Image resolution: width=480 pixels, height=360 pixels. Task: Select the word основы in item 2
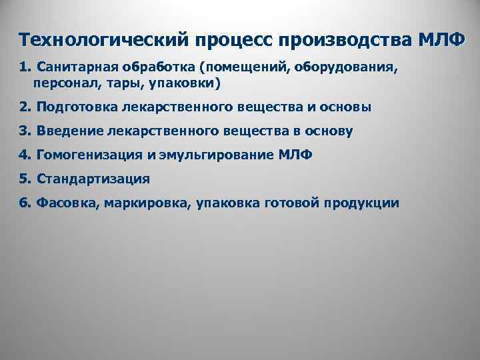coord(345,107)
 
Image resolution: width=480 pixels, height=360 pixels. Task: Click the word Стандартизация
coord(93,179)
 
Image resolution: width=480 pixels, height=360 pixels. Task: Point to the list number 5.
coord(24,179)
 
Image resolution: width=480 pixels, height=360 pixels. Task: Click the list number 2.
coord(24,107)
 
